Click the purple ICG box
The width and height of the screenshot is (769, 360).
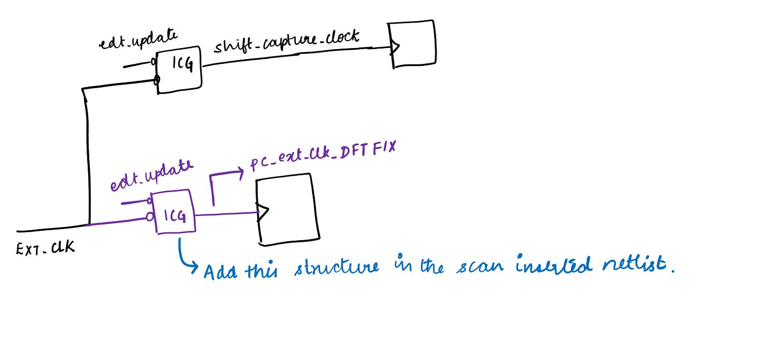174,212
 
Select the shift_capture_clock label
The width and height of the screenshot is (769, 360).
286,42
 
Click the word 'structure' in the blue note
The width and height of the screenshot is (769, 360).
336,266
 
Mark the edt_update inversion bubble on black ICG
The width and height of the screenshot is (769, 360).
154,62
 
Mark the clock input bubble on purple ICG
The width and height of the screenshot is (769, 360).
150,217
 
